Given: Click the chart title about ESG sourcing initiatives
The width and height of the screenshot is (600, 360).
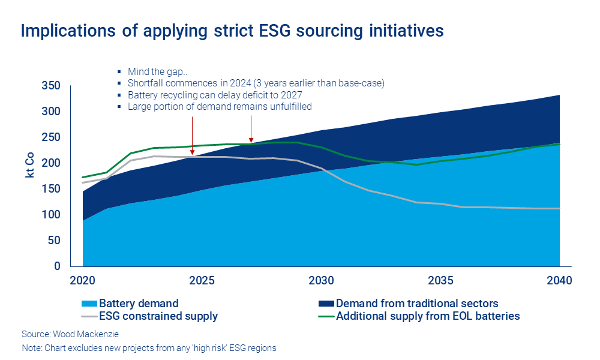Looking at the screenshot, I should (x=232, y=31).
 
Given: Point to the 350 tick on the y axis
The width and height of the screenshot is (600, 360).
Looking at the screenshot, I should (x=51, y=86).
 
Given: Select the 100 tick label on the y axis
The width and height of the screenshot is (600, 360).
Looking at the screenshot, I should (x=51, y=215).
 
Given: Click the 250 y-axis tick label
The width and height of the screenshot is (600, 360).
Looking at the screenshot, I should (x=51, y=137).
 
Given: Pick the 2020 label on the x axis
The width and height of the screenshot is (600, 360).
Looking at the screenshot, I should (x=83, y=280).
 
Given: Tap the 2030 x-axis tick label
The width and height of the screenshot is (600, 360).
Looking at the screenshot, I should (x=321, y=280).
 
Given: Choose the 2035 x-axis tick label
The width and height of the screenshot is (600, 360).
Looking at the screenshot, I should (x=440, y=280).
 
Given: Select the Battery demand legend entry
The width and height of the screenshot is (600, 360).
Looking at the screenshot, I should (x=139, y=304).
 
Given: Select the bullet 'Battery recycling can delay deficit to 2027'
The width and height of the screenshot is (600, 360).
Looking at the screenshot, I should (x=214, y=95).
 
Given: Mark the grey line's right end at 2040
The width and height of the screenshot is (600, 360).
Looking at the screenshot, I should (x=559, y=209).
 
